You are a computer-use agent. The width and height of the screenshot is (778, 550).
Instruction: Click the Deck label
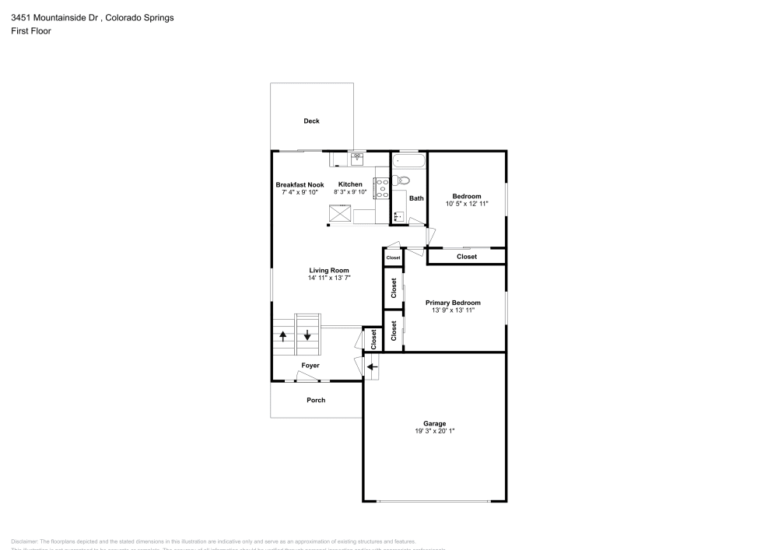pos(311,121)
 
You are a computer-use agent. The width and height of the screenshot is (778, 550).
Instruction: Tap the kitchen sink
pos(357,159)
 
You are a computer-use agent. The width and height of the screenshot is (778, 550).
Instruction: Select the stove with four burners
pos(382,188)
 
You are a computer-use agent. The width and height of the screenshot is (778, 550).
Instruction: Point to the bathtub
pos(408,161)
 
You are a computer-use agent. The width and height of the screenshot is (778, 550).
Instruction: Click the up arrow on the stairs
pos(282,336)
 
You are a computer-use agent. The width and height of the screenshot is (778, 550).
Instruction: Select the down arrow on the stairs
pos(307,336)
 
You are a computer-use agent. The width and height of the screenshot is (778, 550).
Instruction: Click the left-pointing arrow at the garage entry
pos(372,366)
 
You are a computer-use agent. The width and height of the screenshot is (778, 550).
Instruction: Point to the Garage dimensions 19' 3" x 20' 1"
pos(434,430)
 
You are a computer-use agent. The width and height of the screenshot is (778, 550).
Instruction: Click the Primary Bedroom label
pos(452,303)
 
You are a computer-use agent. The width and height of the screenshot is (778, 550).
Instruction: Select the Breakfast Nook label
pos(300,184)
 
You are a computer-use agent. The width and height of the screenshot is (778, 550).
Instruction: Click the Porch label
pos(316,400)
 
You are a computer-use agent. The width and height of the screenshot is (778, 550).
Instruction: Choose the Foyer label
pos(310,365)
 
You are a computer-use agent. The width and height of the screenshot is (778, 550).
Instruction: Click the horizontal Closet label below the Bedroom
pos(467,257)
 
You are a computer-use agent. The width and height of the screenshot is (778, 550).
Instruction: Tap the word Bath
pos(417,198)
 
